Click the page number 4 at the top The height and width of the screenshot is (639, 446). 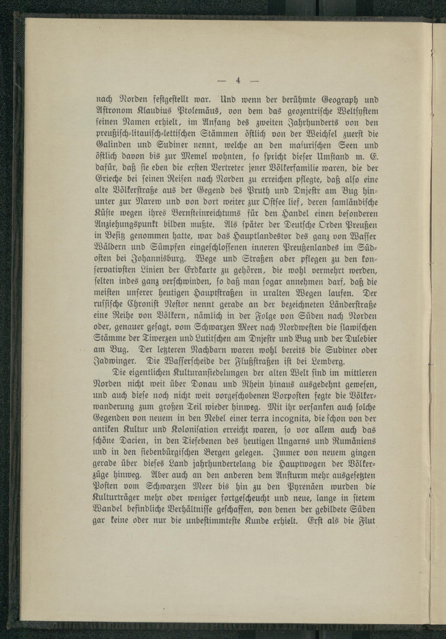[238, 80]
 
